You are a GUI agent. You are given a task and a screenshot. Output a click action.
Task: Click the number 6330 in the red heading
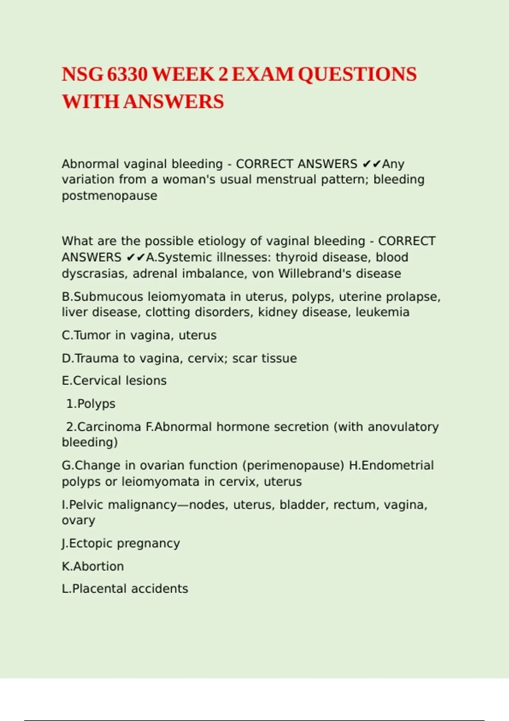(x=127, y=75)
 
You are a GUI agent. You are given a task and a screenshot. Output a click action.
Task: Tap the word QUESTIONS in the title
(x=357, y=75)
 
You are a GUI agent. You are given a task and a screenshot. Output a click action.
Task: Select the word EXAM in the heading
(x=263, y=75)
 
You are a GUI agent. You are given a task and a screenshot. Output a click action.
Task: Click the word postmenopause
(x=109, y=196)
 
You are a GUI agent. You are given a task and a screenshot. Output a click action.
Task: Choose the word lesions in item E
(x=146, y=381)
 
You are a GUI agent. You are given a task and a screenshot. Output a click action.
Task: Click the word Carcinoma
(x=109, y=427)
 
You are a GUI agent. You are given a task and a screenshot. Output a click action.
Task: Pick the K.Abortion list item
(x=93, y=567)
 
